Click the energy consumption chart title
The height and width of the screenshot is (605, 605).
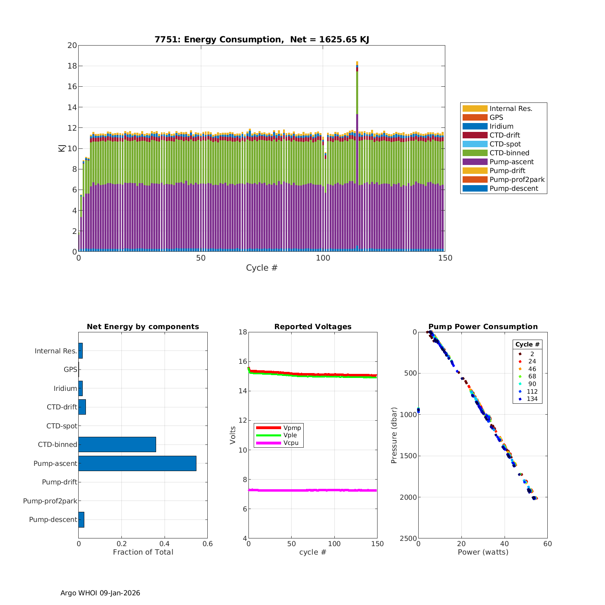262,40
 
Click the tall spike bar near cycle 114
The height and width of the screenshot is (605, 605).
357,161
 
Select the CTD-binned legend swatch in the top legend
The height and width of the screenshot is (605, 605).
475,153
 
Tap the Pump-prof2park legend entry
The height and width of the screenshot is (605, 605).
517,179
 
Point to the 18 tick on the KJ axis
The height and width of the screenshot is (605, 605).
72,66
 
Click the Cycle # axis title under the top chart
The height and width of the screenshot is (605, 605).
262,268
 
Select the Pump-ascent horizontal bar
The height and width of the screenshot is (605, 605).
137,463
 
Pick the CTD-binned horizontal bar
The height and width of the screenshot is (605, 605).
117,444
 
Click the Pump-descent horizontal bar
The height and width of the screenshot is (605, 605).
81,519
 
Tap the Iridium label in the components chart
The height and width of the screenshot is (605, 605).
65,388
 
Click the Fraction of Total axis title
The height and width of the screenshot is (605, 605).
143,552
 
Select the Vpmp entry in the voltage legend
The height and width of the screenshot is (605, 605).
292,428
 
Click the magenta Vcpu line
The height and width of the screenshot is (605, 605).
313,490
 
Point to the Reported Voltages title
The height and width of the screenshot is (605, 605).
313,327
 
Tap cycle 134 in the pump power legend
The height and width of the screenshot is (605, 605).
532,399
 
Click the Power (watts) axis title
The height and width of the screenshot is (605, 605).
483,552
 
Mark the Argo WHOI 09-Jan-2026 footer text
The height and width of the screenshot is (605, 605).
100,593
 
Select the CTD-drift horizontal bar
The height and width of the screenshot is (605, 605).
82,407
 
